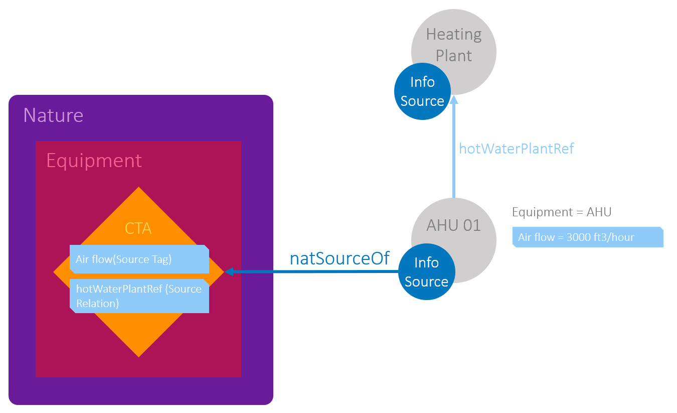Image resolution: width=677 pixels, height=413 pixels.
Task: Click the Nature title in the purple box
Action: pos(53,115)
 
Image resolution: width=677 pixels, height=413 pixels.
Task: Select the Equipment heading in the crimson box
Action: pos(94,161)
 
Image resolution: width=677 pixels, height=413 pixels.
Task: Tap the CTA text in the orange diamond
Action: pos(138,229)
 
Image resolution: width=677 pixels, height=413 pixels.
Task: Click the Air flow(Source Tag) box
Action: pos(139,259)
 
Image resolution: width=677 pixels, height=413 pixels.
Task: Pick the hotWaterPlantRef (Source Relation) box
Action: pos(139,296)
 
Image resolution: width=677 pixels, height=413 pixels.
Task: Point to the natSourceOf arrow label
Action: pos(340,258)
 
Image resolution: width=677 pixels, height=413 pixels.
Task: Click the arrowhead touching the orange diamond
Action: pos(229,272)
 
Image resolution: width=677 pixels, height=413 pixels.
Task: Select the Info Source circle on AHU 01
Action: pos(426,272)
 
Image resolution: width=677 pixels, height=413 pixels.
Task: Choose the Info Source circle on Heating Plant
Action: pos(422,91)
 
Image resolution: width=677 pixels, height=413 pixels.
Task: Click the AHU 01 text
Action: pos(453,225)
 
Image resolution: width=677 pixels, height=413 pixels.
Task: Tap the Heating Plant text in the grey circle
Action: pos(454,45)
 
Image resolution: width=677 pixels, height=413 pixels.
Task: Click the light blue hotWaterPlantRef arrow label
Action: pos(517,149)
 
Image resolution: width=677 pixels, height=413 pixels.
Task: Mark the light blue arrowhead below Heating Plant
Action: pos(454,99)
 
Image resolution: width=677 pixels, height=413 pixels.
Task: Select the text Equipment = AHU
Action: pos(562,212)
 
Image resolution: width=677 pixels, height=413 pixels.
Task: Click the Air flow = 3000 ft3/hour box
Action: pos(588,237)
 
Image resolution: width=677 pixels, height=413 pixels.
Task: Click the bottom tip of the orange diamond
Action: pos(139,355)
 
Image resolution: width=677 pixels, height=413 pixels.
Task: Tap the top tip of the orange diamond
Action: pos(139,189)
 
